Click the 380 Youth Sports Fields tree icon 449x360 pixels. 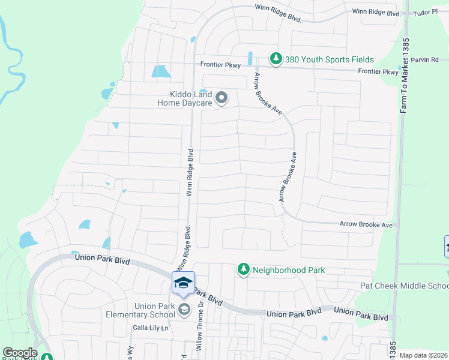276,59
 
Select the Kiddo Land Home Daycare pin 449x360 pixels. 221,97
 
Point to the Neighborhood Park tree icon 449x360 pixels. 243,270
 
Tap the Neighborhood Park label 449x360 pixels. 289,270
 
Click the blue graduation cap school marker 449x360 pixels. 184,283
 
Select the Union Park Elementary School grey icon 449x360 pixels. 185,310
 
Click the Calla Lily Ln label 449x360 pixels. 151,328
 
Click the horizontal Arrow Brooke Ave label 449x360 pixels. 366,224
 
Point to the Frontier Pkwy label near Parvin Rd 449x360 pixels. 378,71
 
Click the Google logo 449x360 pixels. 20,353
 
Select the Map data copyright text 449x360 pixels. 424,355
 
